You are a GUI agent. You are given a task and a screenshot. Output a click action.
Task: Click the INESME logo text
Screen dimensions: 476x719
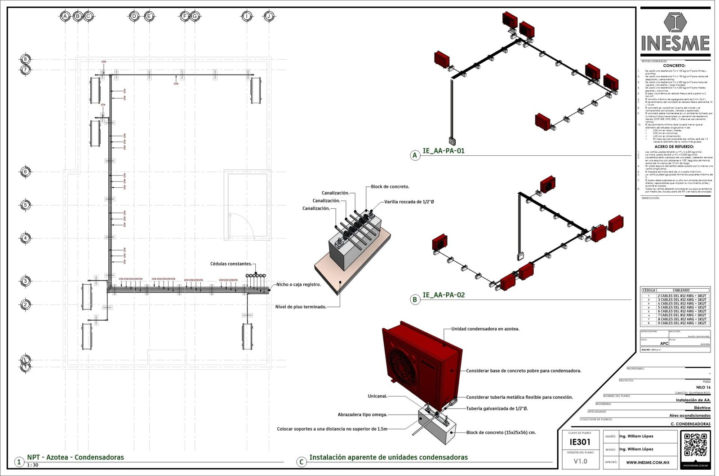[x=675, y=43]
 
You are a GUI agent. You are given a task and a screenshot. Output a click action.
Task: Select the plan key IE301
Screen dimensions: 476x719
[x=580, y=442]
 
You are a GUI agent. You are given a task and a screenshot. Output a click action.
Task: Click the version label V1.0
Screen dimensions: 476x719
[x=580, y=461]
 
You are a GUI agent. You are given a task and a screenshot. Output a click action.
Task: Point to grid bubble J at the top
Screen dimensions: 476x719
[x=269, y=16]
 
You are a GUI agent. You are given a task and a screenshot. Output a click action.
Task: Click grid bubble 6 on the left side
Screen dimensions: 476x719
[x=26, y=172]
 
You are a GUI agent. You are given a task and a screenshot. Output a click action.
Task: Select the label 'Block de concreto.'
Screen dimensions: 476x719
[x=390, y=186]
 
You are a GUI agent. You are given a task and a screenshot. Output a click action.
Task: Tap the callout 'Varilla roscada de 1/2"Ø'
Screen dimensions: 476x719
[x=409, y=202]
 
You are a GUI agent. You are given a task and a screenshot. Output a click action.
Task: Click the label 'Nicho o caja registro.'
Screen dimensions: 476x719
[x=298, y=284]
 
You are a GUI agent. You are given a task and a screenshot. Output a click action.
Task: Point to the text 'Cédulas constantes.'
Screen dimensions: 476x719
[x=231, y=264]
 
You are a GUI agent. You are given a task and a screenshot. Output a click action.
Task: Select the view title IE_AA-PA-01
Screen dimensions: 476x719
[x=443, y=151]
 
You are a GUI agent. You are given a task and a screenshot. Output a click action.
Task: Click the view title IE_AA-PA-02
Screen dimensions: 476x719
[x=444, y=295]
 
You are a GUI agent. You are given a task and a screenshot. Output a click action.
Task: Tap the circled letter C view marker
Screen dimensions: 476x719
[x=302, y=462]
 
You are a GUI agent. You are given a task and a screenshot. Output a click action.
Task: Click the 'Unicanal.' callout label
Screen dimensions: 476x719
[x=377, y=396]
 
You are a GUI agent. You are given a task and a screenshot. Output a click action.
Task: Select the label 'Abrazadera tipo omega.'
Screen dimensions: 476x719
[x=362, y=414]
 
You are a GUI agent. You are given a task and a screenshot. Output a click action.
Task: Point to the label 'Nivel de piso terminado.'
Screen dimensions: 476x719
[x=301, y=307]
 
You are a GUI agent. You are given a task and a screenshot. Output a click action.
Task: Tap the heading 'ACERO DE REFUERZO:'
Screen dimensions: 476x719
[x=674, y=146]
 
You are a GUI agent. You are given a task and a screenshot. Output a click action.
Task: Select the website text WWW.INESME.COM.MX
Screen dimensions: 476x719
[x=648, y=462]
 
